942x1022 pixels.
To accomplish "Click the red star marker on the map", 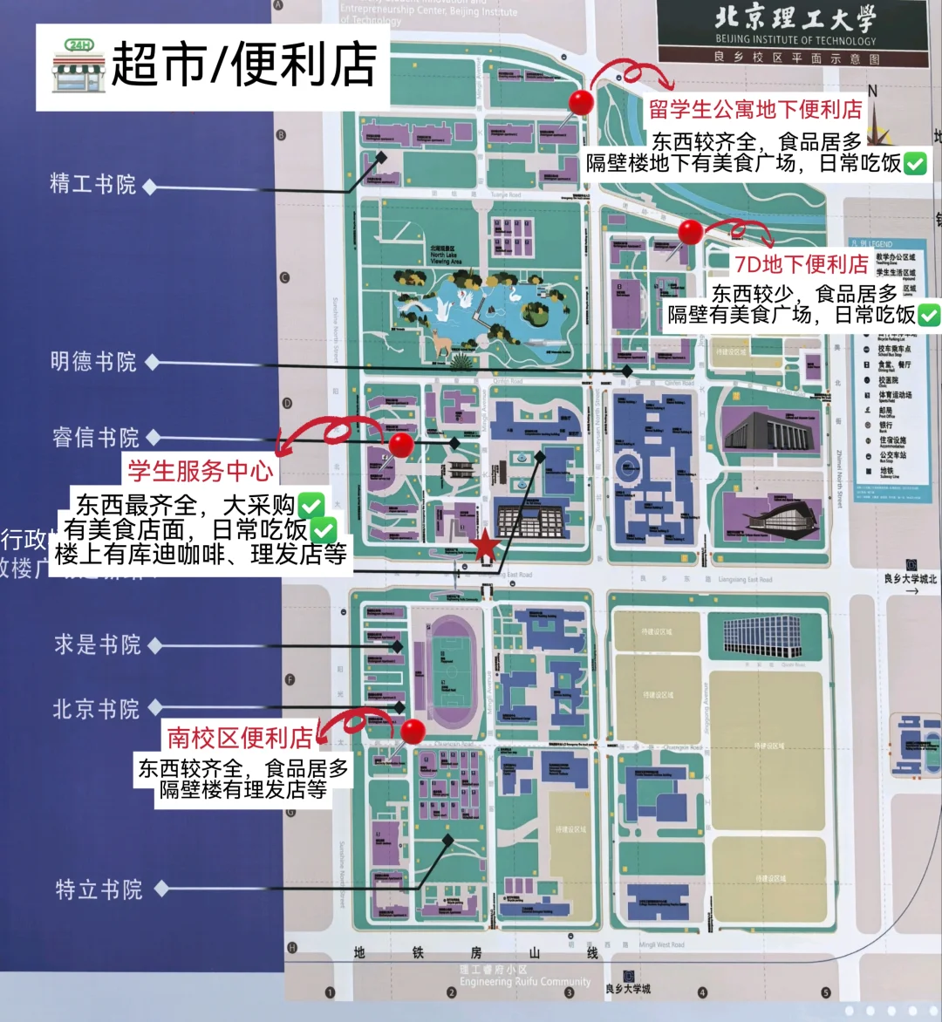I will click(486, 546).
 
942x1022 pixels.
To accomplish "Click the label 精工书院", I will click(93, 184).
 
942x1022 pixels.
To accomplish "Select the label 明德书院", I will click(93, 361).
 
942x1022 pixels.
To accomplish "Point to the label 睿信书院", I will click(95, 437).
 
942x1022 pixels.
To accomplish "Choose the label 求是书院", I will click(97, 644).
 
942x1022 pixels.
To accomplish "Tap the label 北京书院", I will click(96, 709).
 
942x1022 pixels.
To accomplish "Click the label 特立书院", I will click(99, 889).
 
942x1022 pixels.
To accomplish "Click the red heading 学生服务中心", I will click(201, 471).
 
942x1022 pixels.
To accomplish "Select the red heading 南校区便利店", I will click(240, 738).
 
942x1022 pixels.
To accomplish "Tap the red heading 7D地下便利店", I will click(802, 263).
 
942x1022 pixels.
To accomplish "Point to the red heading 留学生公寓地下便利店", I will click(755, 110).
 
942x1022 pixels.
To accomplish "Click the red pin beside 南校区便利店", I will click(413, 731).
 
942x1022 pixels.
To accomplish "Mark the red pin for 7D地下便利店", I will click(691, 232).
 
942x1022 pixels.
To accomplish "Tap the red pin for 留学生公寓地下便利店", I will click(581, 102).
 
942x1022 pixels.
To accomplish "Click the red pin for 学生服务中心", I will click(401, 444).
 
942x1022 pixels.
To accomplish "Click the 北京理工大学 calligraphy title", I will click(794, 19).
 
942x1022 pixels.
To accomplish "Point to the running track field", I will click(452, 673).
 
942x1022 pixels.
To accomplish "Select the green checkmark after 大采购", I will click(311, 504).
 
